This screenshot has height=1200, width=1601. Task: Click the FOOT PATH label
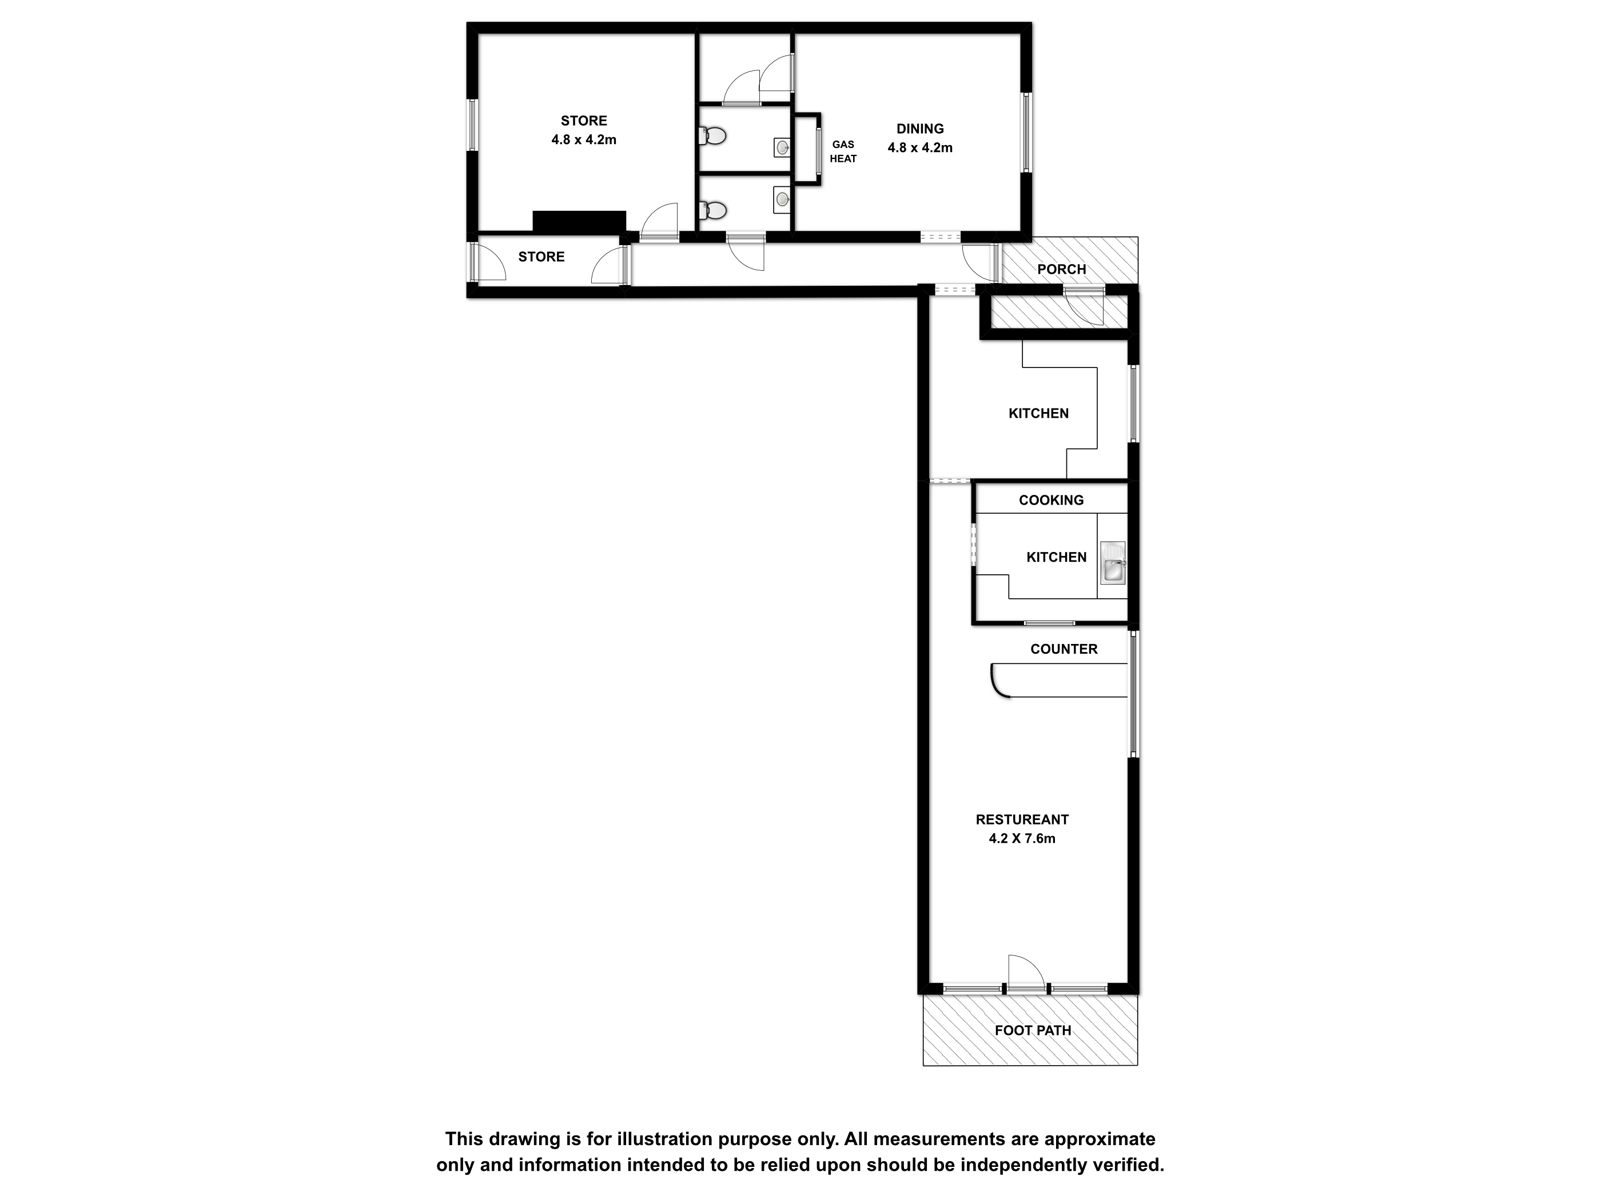pos(1033,1030)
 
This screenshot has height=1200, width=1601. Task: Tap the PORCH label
pos(1062,269)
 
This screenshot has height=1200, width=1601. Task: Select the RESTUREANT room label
pos(1022,819)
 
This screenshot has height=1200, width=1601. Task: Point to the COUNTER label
pos(1064,649)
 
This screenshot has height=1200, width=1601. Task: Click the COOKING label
pos(1051,500)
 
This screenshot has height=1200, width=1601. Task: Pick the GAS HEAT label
pos(843,152)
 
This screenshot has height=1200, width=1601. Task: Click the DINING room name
pos(920,129)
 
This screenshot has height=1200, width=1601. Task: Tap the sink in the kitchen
pos(1113,562)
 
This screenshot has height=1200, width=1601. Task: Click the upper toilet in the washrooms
pos(713,135)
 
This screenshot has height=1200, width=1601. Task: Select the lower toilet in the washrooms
pos(713,210)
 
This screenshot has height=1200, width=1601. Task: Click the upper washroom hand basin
pos(782,147)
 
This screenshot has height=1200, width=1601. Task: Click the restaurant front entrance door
pos(1026,973)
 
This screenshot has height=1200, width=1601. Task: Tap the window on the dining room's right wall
pos(1026,133)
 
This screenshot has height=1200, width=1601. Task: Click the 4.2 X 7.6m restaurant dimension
pos(1022,838)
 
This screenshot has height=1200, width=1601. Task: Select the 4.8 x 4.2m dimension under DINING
pos(920,147)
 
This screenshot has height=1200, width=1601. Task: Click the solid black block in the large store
pos(579,221)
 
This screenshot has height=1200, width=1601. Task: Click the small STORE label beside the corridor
pos(541,257)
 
